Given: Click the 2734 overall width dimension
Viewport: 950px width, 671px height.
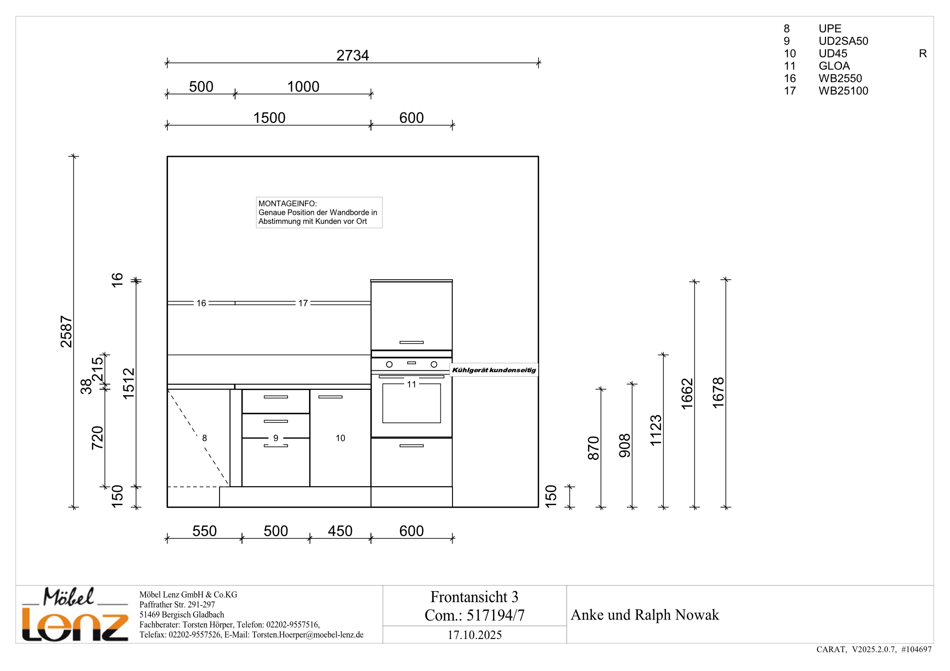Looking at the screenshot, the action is (x=352, y=55).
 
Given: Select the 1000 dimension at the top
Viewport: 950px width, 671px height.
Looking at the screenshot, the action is (x=303, y=86).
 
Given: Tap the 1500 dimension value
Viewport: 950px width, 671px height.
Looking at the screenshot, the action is (x=269, y=117).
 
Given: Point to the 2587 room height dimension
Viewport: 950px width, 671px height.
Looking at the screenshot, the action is (x=66, y=331).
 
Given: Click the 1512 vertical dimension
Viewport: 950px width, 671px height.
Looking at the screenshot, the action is (x=129, y=384).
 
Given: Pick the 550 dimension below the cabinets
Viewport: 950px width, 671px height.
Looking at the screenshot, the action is (x=204, y=531).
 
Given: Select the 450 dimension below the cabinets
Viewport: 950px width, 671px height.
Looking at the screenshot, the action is (x=340, y=531).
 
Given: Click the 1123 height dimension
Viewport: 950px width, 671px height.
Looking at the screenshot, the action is (x=656, y=430).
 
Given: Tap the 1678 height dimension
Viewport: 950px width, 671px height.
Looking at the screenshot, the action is (x=718, y=393).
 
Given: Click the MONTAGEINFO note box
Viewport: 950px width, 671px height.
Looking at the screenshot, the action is (x=319, y=212).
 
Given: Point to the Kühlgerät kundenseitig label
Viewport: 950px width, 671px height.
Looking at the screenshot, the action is (x=494, y=370).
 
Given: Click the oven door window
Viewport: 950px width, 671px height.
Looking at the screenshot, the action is (x=411, y=403).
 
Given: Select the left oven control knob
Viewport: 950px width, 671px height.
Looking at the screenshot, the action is (x=389, y=365).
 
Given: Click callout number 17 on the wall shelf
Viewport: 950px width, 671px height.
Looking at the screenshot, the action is (x=303, y=303).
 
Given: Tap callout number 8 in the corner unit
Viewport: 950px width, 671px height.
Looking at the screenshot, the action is (x=204, y=438).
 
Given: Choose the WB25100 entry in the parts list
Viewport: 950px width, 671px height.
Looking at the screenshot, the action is (x=843, y=91).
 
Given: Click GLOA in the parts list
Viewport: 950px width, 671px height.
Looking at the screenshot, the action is (x=834, y=66).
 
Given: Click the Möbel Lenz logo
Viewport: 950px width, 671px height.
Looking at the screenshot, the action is (x=75, y=614).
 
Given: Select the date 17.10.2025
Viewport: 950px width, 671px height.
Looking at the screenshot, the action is (x=474, y=635).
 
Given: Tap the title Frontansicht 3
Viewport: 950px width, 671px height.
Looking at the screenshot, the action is (x=474, y=597).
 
